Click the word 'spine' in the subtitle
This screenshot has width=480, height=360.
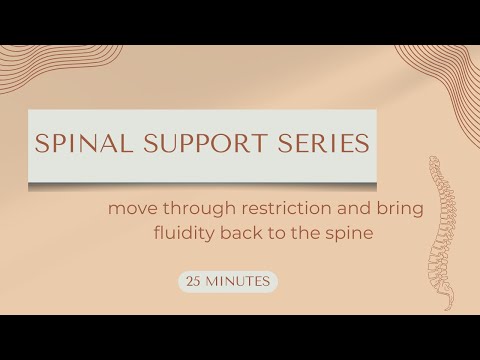pyautogui.click(x=325, y=235)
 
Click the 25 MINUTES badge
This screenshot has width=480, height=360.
pyautogui.click(x=227, y=282)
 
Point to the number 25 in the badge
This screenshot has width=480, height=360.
pyautogui.click(x=194, y=282)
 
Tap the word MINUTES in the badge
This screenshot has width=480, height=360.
pyautogui.click(x=238, y=282)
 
